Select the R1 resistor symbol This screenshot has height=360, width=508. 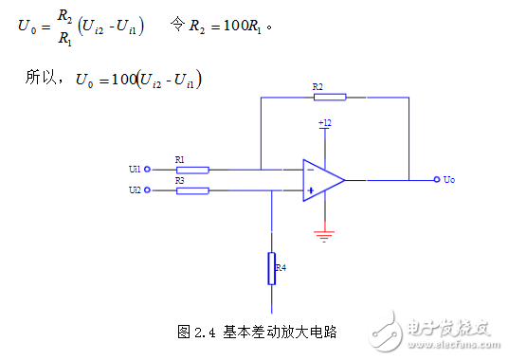click(191, 170)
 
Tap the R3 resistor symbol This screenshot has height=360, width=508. click(191, 190)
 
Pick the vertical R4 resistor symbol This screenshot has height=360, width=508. click(271, 267)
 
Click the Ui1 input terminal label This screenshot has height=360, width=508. click(135, 170)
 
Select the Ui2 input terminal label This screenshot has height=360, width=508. click(135, 190)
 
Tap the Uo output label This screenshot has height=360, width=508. click(449, 179)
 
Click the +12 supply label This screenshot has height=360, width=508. click(325, 123)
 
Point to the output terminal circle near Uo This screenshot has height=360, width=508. click(435, 179)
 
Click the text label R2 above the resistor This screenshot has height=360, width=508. click(317, 86)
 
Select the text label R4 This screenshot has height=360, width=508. click(281, 268)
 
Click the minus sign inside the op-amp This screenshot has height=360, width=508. click(310, 170)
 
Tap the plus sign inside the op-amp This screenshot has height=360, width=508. click(310, 190)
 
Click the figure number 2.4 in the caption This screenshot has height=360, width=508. click(206, 332)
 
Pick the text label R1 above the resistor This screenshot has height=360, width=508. click(180, 159)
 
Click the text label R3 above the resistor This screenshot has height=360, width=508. click(180, 180)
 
